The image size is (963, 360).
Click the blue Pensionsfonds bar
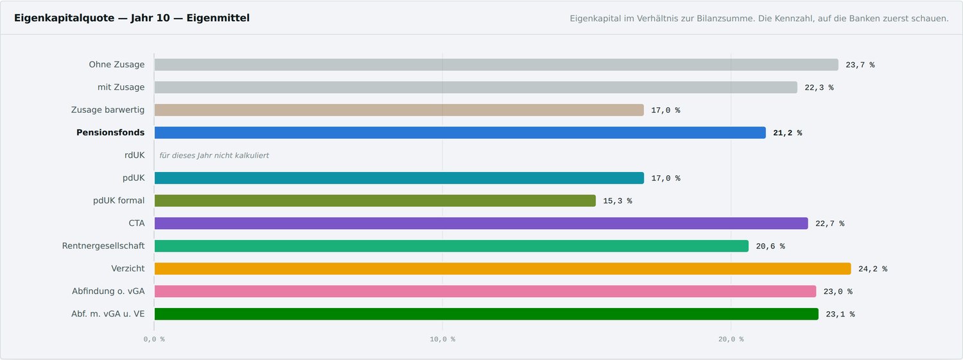pyautogui.click(x=460, y=133)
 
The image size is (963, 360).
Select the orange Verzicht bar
pyautogui.click(x=503, y=268)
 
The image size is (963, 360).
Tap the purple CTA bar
pyautogui.click(x=481, y=223)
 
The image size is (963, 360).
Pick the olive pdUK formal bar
pyautogui.click(x=375, y=201)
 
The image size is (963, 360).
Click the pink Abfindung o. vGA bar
pyautogui.click(x=485, y=291)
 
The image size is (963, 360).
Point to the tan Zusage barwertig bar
pyautogui.click(x=399, y=110)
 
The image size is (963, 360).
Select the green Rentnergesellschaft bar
pyautogui.click(x=451, y=246)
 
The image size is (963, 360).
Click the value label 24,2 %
pyautogui.click(x=872, y=269)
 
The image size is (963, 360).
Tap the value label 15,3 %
pyautogui.click(x=618, y=201)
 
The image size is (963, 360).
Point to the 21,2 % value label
pyautogui.click(x=788, y=133)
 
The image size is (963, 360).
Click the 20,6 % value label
pyautogui.click(x=770, y=246)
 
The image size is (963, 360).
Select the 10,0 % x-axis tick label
pyautogui.click(x=442, y=339)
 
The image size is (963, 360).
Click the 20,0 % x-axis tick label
pyautogui.click(x=731, y=339)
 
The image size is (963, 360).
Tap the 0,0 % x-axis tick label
pyautogui.click(x=154, y=339)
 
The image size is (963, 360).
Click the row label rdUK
pyautogui.click(x=135, y=155)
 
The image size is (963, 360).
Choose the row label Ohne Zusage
pyautogui.click(x=116, y=64)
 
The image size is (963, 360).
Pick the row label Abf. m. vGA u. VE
pyautogui.click(x=108, y=314)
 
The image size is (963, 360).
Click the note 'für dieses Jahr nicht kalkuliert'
pyautogui.click(x=214, y=155)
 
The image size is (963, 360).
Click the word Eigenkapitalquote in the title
pyautogui.click(x=64, y=18)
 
